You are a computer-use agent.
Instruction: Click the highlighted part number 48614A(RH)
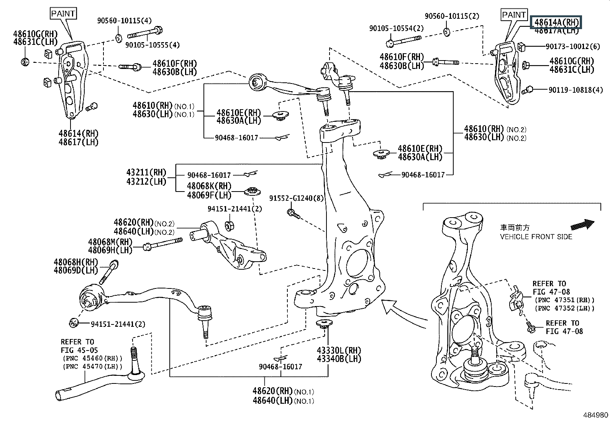tap(556, 22)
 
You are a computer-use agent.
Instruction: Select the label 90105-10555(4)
tap(152, 45)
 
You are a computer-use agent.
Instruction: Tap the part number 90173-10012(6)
tap(573, 46)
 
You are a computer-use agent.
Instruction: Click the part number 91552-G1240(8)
tap(296, 198)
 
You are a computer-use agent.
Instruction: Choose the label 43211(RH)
tap(146, 172)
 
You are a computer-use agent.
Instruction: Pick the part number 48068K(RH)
tap(209, 187)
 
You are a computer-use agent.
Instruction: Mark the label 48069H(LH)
tap(110, 250)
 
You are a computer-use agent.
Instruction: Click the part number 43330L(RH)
tap(339, 351)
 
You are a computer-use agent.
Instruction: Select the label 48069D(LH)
tap(76, 270)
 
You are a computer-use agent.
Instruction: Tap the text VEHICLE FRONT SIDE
tap(536, 237)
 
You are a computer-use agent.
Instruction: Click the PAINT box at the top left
tap(64, 14)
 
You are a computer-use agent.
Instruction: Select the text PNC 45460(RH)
tap(92, 358)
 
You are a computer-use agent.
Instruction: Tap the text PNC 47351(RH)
tap(565, 300)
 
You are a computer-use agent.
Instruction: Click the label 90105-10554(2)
tap(397, 28)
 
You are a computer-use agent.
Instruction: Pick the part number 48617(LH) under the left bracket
tap(79, 142)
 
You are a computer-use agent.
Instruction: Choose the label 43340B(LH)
tap(339, 359)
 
